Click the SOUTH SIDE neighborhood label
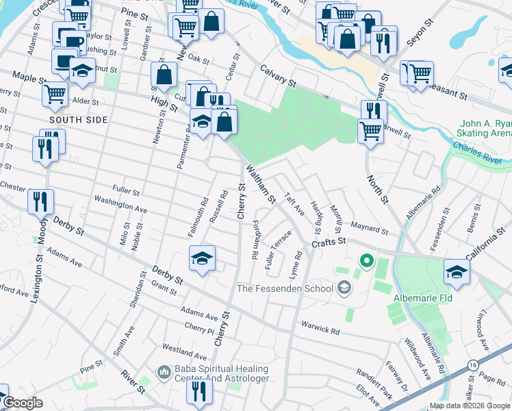tap(88, 119)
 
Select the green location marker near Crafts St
tap(366, 260)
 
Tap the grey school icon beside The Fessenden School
tap(343, 288)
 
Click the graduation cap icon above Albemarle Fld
tap(457, 271)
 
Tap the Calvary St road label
tap(277, 76)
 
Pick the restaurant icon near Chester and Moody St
tap(40, 201)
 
